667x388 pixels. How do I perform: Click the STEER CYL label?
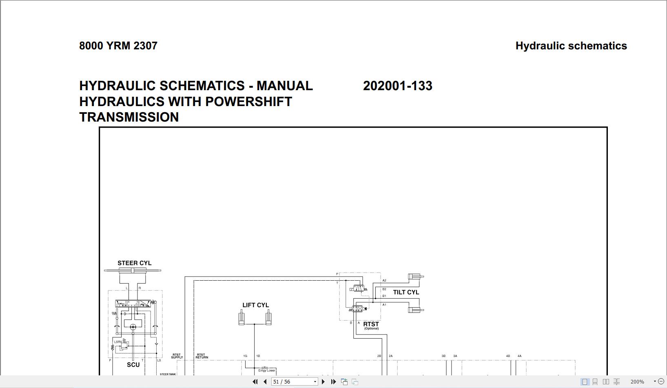pyautogui.click(x=134, y=263)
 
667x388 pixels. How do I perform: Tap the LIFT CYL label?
pyautogui.click(x=255, y=305)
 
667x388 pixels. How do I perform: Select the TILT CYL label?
pyautogui.click(x=406, y=292)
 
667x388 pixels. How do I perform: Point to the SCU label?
pyautogui.click(x=133, y=365)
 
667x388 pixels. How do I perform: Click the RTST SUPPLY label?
pyautogui.click(x=177, y=356)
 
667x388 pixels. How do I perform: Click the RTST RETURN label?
pyautogui.click(x=202, y=356)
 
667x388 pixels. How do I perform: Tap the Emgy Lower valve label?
pyautogui.click(x=267, y=370)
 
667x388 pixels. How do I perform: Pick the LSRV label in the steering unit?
pyautogui.click(x=118, y=342)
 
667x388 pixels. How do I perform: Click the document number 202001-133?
pyautogui.click(x=397, y=86)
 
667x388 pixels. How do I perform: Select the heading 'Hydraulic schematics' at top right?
pyautogui.click(x=571, y=46)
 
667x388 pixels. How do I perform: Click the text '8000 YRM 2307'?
pyautogui.click(x=118, y=46)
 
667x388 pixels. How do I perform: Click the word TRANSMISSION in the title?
pyautogui.click(x=129, y=117)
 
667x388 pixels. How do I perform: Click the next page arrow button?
pyautogui.click(x=323, y=382)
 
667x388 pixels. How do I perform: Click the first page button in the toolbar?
pyautogui.click(x=255, y=382)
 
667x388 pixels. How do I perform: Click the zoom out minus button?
pyautogui.click(x=661, y=381)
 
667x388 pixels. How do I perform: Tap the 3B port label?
pyautogui.click(x=443, y=356)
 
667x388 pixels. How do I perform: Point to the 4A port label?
pyautogui.click(x=519, y=356)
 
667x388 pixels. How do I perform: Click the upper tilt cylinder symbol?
pyautogui.click(x=416, y=277)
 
